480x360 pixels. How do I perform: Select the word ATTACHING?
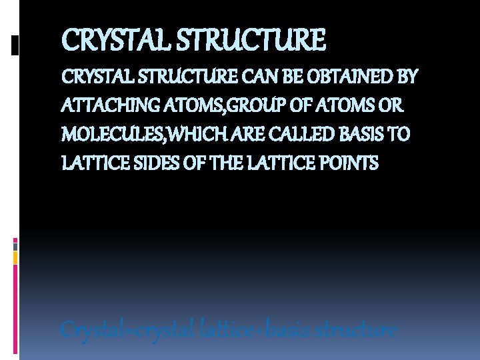[101, 105]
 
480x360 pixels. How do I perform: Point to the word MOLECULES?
[114, 134]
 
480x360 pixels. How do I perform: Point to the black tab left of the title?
[15, 45]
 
